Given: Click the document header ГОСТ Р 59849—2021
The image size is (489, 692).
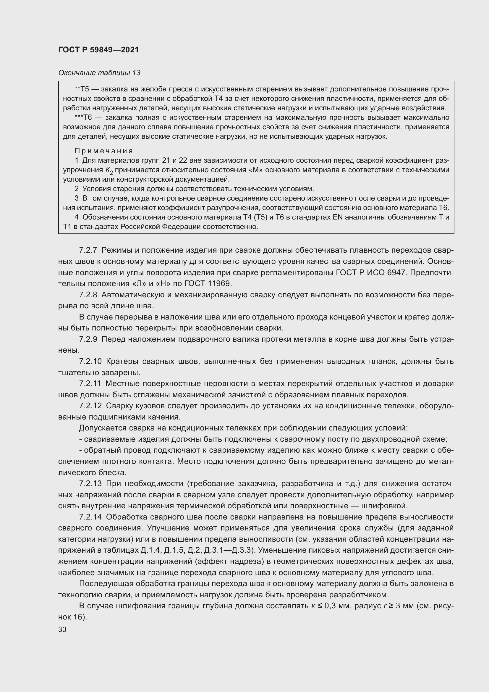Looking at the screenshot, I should (98, 50).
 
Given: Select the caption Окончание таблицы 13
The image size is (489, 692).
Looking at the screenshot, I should (99, 73).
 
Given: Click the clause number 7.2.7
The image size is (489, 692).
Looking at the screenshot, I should (88, 250).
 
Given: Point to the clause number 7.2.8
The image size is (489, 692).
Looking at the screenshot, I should (88, 295).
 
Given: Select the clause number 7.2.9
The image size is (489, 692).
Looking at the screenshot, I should (88, 339).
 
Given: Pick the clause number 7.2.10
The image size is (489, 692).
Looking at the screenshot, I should (90, 361).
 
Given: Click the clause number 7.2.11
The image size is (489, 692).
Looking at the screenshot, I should (90, 384).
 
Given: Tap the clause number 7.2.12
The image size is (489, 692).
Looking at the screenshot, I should (90, 406).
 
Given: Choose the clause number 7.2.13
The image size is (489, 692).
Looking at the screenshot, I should (90, 484).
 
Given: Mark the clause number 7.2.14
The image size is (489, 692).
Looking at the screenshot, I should (90, 517).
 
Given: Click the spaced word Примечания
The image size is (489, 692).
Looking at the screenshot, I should (103, 151).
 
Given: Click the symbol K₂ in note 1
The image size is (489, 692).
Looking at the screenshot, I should (109, 171).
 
